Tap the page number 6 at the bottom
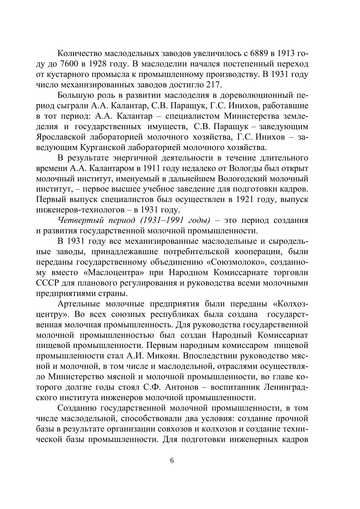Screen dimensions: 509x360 (172, 461)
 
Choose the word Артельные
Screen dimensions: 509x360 (78, 304)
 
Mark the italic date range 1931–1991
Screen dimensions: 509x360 (161, 220)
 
